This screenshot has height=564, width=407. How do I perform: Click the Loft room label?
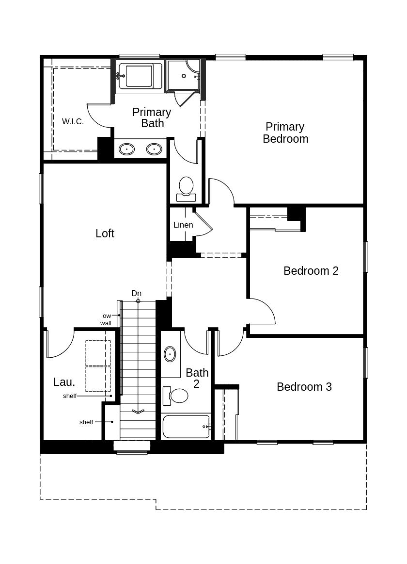105,233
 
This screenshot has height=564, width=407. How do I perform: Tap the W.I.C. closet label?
73,121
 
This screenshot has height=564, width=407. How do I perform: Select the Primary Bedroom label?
285,133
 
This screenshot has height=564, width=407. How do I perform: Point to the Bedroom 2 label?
311,271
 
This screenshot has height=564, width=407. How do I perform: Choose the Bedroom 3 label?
304,387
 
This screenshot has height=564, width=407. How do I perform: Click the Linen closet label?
183,225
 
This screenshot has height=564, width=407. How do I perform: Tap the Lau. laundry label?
64,382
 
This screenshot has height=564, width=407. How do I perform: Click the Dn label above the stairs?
136,294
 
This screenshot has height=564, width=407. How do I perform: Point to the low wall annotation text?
106,319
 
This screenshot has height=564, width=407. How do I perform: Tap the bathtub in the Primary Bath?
140,76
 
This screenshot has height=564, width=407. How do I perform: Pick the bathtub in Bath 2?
186,427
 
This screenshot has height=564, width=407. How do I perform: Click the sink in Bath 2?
170,354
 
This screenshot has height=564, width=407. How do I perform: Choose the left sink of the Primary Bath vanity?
127,149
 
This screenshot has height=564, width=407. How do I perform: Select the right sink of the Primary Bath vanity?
154,149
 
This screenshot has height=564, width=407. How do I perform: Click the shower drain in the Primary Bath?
184,76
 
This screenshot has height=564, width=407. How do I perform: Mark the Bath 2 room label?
197,379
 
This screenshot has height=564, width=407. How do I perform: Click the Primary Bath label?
152,117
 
